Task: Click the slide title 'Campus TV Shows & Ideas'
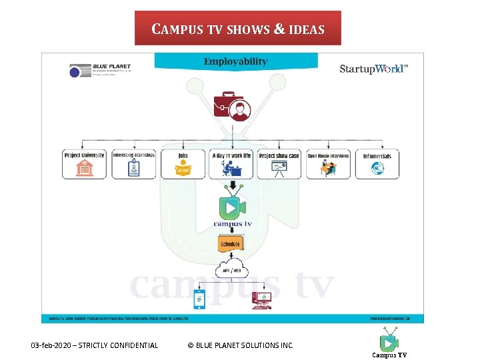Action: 238,29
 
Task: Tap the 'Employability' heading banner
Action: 235,61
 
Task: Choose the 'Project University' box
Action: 84,164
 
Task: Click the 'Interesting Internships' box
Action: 133,164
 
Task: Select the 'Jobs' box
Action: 182,164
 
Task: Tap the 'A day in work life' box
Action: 231,164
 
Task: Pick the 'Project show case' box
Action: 279,164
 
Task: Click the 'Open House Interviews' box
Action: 328,164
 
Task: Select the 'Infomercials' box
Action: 377,164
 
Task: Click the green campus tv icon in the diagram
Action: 231,207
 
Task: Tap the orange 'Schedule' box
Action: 230,245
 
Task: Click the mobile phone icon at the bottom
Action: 199,299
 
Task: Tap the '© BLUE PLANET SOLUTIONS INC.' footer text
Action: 240,345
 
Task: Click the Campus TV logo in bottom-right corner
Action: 389,344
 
